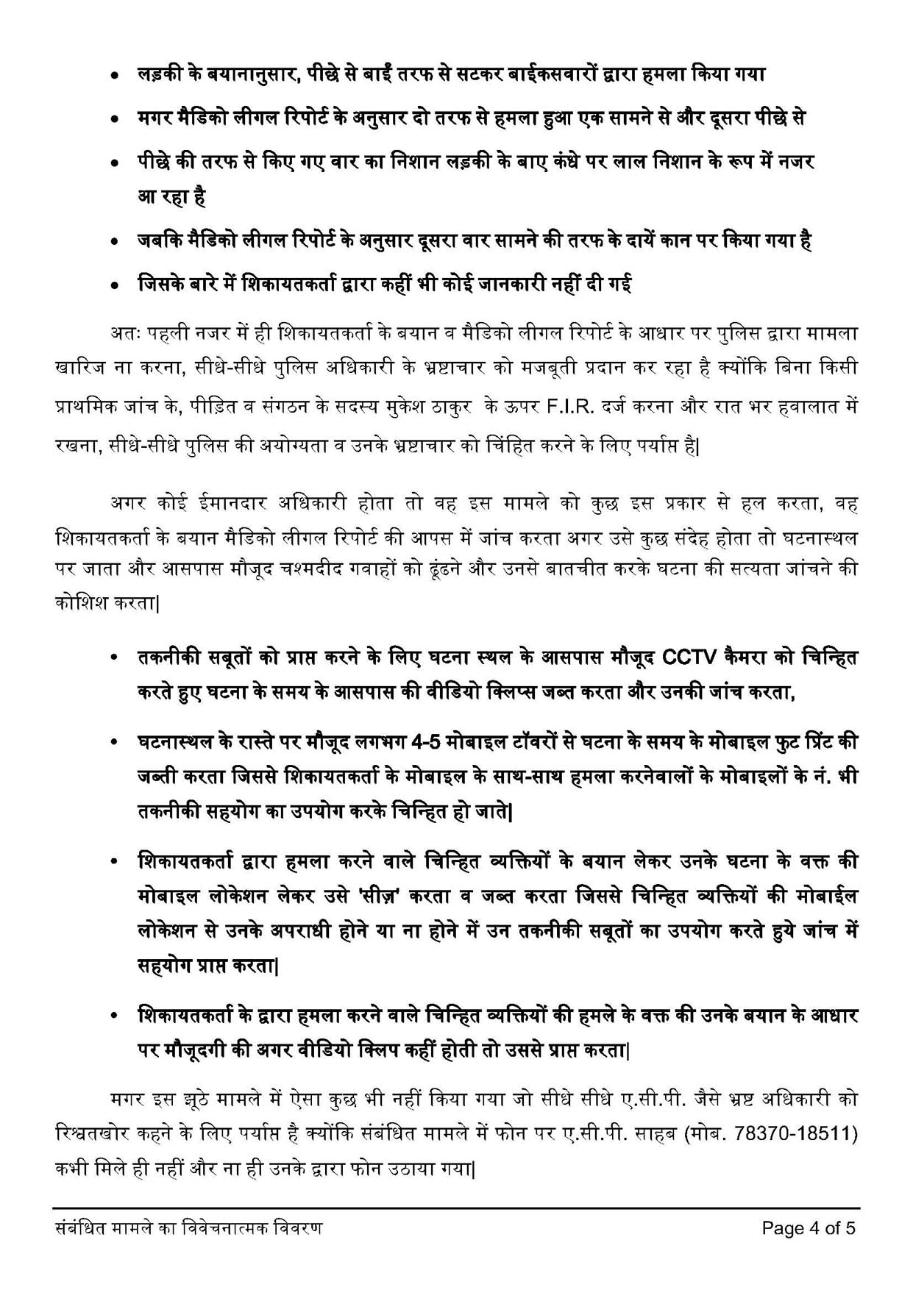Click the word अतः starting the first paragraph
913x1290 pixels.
point(121,333)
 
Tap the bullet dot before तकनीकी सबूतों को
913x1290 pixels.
point(114,658)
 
